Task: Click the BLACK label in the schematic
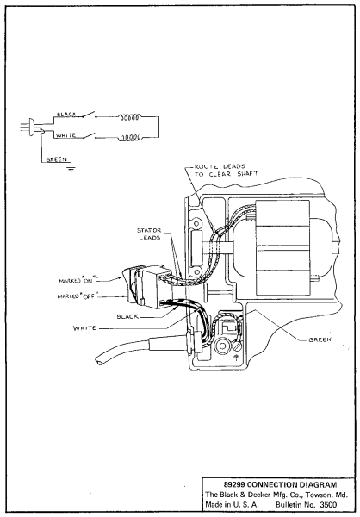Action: [x=67, y=114]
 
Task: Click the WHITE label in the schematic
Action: [x=66, y=136]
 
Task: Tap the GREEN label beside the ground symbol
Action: [x=54, y=159]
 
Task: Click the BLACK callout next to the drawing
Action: [x=128, y=316]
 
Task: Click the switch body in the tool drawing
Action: [x=155, y=284]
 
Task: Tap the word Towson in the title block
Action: [x=313, y=495]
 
